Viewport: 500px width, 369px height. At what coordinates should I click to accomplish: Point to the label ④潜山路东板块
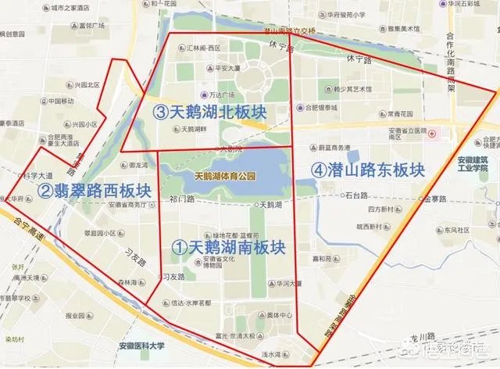point(367,168)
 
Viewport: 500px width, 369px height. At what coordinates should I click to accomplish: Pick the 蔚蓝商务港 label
point(337,146)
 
